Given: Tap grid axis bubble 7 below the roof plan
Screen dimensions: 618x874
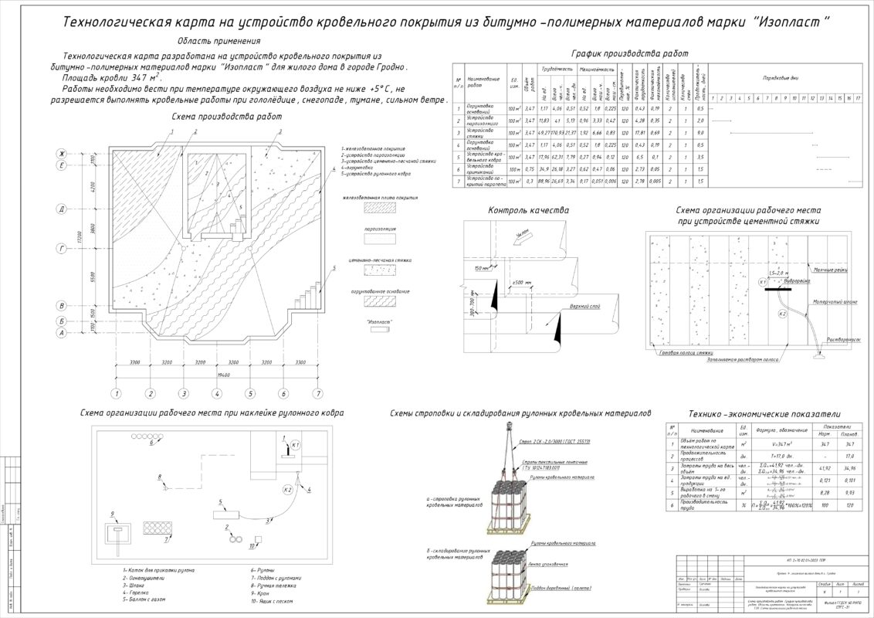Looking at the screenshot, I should click(x=317, y=394).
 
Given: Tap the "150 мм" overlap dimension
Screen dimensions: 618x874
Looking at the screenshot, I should click(x=482, y=268).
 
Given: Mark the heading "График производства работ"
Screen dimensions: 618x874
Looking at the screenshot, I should click(x=629, y=53).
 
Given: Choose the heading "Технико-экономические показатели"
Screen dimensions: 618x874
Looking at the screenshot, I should click(x=764, y=414).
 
